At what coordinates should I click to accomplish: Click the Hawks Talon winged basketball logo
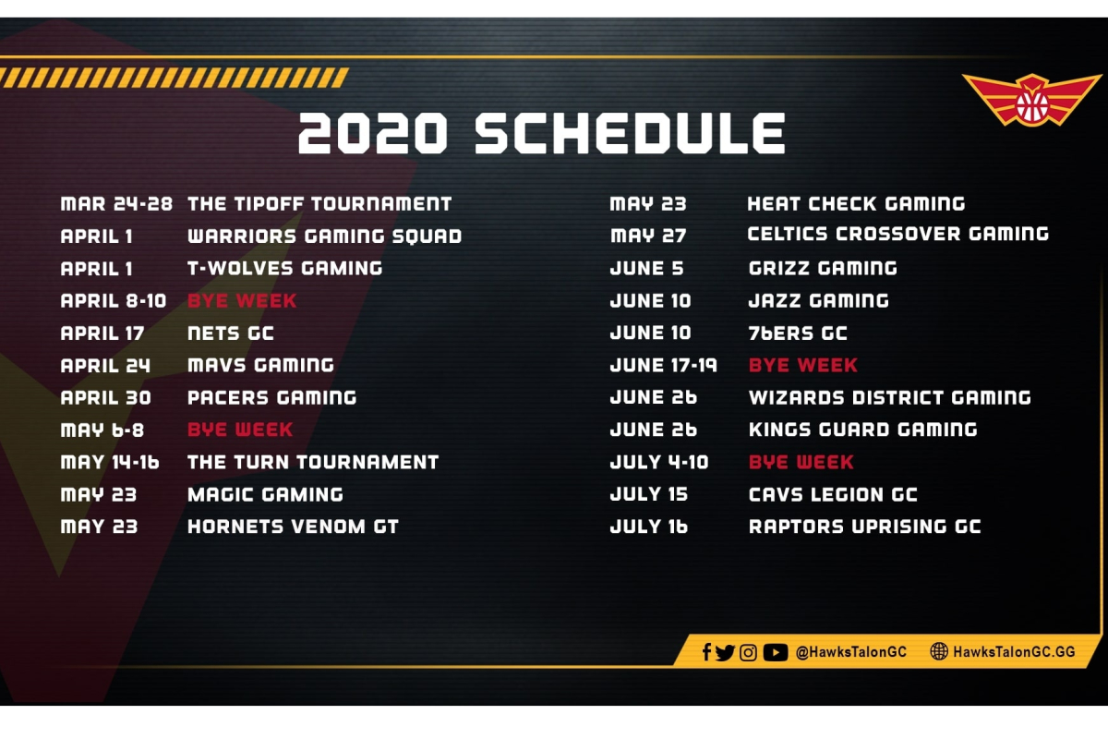pyautogui.click(x=1032, y=100)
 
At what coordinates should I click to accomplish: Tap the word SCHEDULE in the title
pyautogui.click(x=630, y=133)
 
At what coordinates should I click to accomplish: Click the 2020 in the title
pyautogui.click(x=373, y=133)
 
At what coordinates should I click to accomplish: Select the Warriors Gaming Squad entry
pyautogui.click(x=324, y=236)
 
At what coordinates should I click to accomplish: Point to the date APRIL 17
pyautogui.click(x=102, y=333)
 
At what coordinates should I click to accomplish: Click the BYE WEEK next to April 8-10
pyautogui.click(x=242, y=300)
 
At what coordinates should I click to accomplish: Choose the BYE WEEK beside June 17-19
pyautogui.click(x=802, y=365)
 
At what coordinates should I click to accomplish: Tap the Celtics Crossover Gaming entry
pyautogui.click(x=897, y=234)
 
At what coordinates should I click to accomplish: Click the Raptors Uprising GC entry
pyautogui.click(x=864, y=527)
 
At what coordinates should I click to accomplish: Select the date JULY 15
pyautogui.click(x=649, y=494)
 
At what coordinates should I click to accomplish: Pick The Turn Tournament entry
pyautogui.click(x=313, y=462)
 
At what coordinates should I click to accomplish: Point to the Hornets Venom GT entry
pyautogui.click(x=293, y=527)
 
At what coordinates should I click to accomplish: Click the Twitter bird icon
pyautogui.click(x=725, y=652)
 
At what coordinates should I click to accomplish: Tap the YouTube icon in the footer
pyautogui.click(x=775, y=652)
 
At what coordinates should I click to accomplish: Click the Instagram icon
pyautogui.click(x=748, y=652)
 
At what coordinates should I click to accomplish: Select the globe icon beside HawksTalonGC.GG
pyautogui.click(x=939, y=651)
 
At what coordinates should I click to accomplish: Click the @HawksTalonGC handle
pyautogui.click(x=850, y=652)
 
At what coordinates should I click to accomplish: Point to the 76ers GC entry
pyautogui.click(x=798, y=333)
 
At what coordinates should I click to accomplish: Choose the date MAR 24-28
pyautogui.click(x=116, y=204)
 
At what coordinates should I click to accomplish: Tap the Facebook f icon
pyautogui.click(x=706, y=652)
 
